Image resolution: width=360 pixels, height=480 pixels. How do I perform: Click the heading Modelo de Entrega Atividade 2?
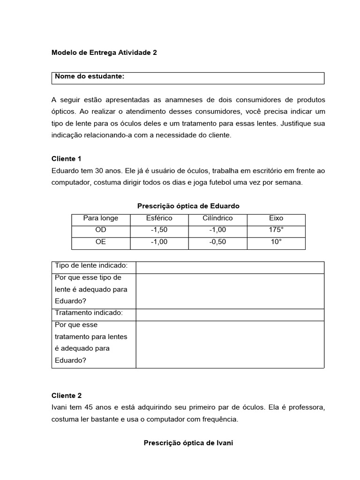[104, 53]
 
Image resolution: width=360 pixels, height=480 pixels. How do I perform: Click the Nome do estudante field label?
[90, 76]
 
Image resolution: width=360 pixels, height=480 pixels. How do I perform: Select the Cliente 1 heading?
[67, 159]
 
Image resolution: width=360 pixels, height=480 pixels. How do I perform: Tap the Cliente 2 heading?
[67, 396]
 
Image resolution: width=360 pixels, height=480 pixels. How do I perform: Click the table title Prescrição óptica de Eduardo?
[188, 206]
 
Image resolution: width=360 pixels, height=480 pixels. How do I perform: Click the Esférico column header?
[159, 218]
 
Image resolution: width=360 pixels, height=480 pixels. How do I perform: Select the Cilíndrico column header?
[217, 218]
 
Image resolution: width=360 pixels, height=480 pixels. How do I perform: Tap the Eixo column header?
[276, 218]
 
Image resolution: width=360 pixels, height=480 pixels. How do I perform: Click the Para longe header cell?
[101, 218]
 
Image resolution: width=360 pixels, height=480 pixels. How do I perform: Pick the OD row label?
[101, 230]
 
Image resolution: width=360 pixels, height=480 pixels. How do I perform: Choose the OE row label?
[101, 242]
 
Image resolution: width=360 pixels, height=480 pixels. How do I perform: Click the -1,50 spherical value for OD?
[159, 230]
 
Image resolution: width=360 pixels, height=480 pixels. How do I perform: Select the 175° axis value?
[276, 230]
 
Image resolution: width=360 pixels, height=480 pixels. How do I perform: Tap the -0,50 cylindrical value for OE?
[217, 242]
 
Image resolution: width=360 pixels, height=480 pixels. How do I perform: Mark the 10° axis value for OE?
[276, 242]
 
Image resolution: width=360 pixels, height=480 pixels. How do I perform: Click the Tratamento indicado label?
[89, 313]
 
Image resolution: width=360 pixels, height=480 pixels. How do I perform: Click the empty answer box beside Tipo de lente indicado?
[230, 267]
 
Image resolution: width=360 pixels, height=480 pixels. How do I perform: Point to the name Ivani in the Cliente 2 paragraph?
[60, 407]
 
